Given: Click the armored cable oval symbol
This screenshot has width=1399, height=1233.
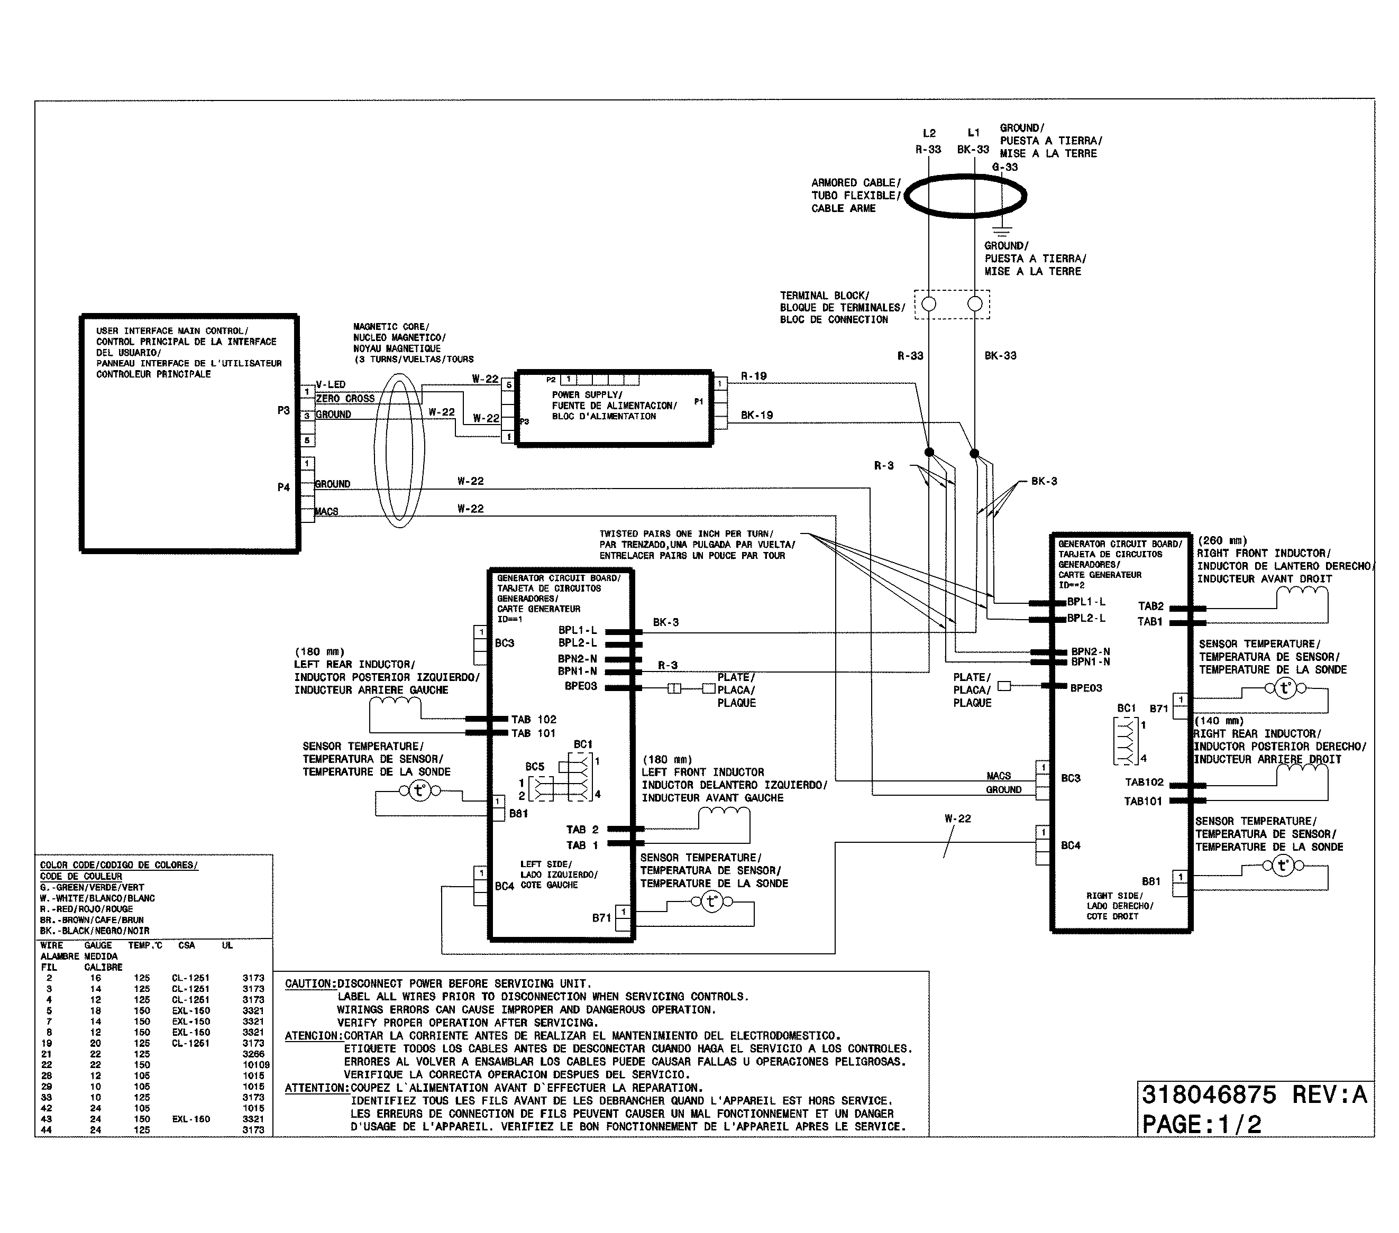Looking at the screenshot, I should point(965,196).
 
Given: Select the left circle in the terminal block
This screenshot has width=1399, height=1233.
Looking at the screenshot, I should point(929,304).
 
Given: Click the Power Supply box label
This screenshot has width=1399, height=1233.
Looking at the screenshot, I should point(614,405).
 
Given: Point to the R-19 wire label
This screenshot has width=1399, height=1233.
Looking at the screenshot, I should point(754,375).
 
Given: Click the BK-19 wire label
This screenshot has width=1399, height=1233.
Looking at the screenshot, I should point(756,415).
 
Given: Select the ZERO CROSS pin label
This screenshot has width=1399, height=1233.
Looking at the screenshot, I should point(345,398).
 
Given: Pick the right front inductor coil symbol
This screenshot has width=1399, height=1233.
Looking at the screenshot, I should point(1302,593).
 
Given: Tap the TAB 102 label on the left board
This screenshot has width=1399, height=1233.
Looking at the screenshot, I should point(533,719).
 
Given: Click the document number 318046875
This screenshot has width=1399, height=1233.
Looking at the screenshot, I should point(1209,1095).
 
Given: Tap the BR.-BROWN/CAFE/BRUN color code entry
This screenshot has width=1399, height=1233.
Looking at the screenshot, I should point(92,919).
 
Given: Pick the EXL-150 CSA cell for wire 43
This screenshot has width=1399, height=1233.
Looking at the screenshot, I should point(191,1119).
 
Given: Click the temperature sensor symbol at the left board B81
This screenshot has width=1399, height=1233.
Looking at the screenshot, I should point(419,792).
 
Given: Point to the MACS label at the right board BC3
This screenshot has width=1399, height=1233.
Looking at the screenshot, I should point(999,775).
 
